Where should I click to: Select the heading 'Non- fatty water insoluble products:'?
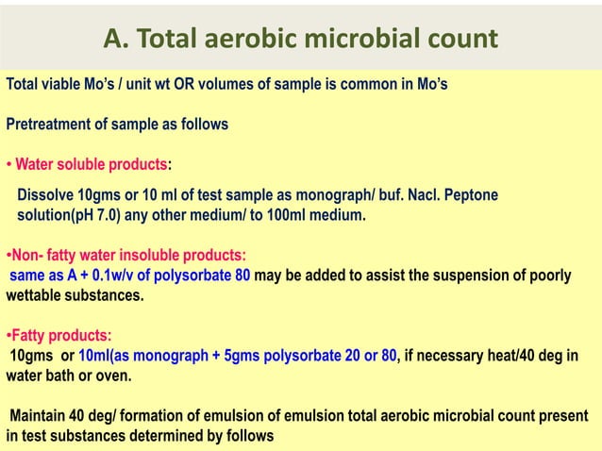[125, 255]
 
